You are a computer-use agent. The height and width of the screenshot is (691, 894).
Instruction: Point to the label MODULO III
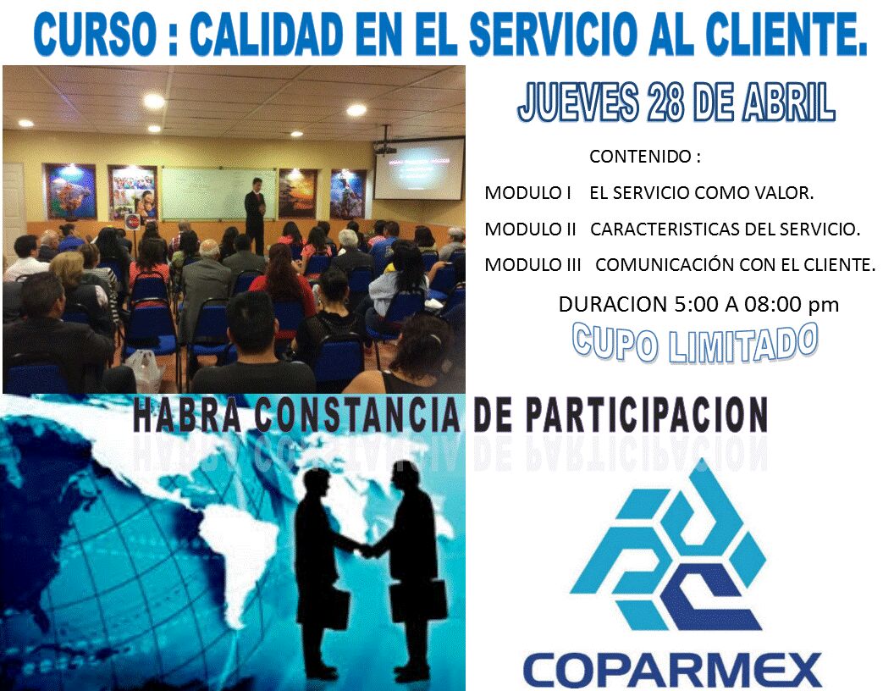pos(533,265)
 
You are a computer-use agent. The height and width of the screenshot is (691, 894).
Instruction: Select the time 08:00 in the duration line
pos(770,305)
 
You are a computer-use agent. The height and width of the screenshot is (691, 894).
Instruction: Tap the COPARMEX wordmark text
pos(672,668)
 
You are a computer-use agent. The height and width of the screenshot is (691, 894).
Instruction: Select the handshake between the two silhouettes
pos(367,550)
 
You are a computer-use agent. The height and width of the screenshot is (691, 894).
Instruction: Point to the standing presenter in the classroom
pos(255,212)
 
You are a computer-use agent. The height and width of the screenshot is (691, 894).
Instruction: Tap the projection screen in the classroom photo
pos(418,169)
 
